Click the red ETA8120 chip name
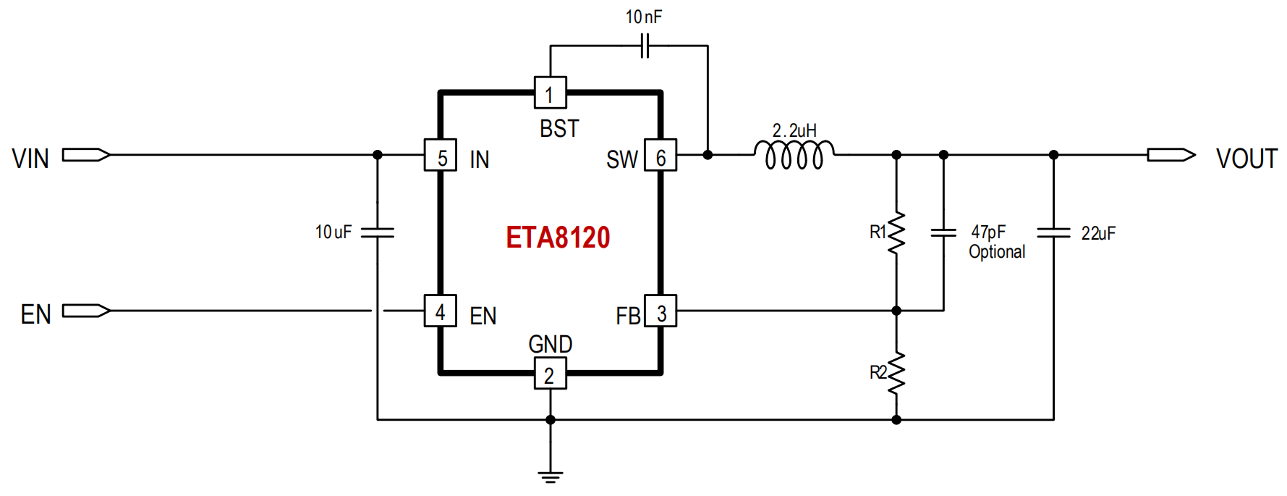(558, 238)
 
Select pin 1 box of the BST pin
(550, 93)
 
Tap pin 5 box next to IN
(441, 155)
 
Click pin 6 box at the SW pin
(661, 155)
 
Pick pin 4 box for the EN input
(441, 311)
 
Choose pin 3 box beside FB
(661, 311)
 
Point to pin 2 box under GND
(550, 374)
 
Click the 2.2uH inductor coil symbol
(794, 154)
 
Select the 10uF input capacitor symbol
(377, 232)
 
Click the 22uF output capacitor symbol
(1053, 232)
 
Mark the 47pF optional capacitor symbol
(943, 232)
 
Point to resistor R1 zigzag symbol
(896, 232)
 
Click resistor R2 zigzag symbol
(896, 373)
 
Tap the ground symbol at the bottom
(550, 476)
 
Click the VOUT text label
(1246, 159)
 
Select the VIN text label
(30, 159)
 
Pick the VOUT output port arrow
(1171, 155)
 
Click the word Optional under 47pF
(997, 252)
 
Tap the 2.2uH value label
(794, 130)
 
